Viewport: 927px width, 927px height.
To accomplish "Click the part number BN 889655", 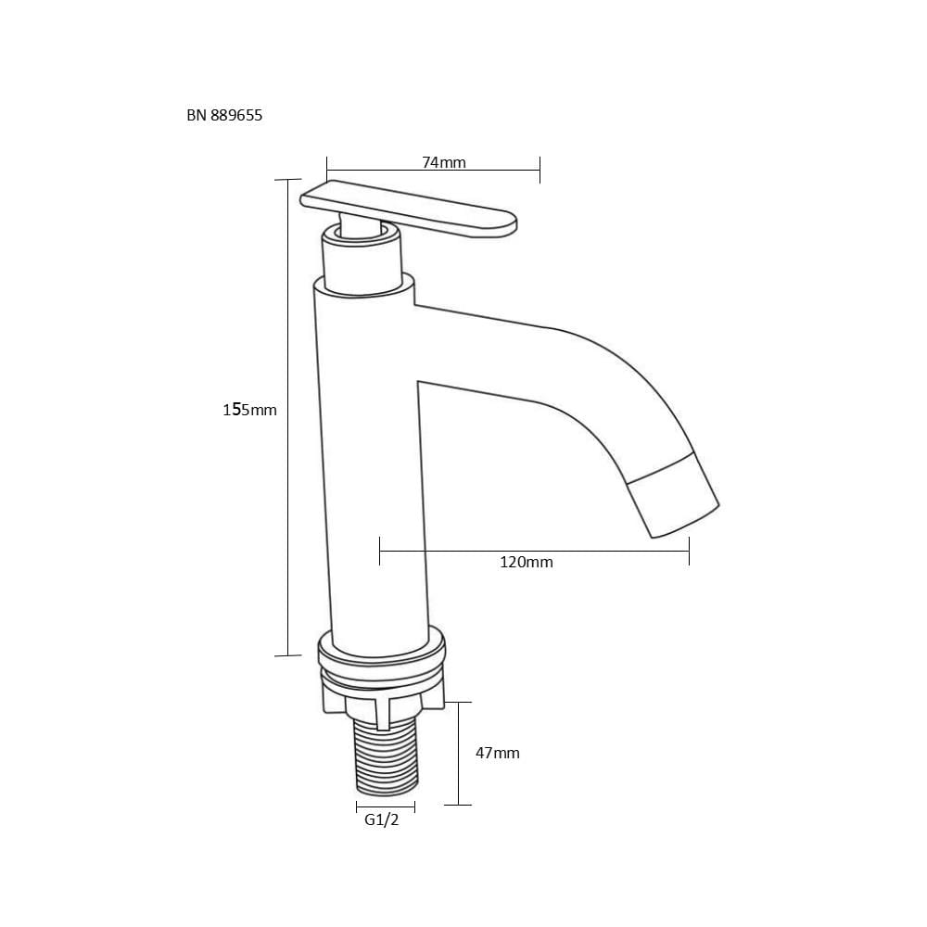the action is click(224, 115).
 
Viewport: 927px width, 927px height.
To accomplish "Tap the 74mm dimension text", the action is click(444, 162).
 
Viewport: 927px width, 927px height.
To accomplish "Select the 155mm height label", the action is click(249, 409).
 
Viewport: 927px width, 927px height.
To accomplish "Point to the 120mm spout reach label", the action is click(527, 562).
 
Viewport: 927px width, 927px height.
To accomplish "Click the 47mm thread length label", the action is click(497, 753).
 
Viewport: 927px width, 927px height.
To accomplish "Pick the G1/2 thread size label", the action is click(381, 820).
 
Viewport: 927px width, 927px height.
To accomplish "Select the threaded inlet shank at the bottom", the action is click(386, 756).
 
